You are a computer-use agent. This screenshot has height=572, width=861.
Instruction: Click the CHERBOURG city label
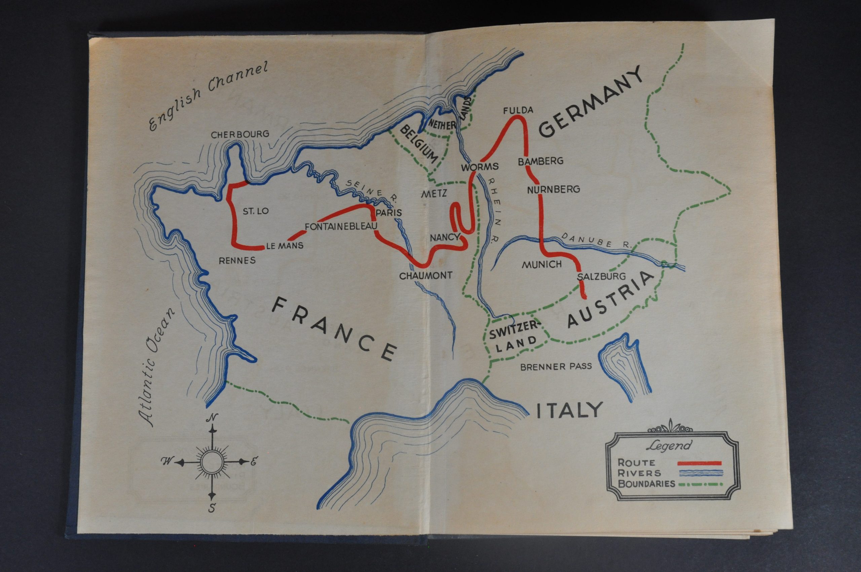tap(240, 134)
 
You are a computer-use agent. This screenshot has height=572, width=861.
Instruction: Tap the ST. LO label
tap(256, 211)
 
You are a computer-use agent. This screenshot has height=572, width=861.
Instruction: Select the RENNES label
tap(237, 260)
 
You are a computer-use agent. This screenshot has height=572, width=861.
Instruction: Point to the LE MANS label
tap(285, 246)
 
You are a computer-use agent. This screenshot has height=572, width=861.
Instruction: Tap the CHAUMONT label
tap(425, 276)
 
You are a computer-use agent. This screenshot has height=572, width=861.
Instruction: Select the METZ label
tap(434, 194)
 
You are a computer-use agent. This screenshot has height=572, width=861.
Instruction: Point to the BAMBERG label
tap(540, 161)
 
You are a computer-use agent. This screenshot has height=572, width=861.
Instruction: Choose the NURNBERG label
tap(553, 189)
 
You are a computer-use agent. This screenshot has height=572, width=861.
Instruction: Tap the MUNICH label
tap(542, 264)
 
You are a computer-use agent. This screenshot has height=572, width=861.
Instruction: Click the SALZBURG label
tap(596, 277)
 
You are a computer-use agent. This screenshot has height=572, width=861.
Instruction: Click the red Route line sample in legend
tap(699, 463)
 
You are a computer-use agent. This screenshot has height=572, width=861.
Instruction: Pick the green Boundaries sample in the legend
tap(699, 485)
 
